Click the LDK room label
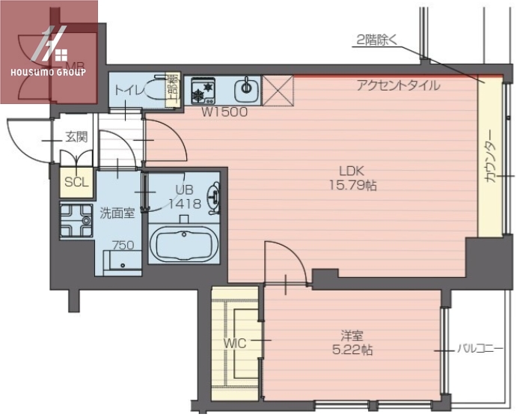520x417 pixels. tap(350, 170)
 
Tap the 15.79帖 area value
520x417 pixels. tap(350, 184)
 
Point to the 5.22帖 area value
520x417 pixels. tap(351, 350)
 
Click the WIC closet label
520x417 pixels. tap(236, 344)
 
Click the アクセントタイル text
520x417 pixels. tap(399, 85)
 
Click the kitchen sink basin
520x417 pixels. tap(245, 91)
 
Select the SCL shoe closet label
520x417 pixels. tap(76, 181)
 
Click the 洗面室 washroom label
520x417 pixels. tap(117, 212)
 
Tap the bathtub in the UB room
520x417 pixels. tap(184, 245)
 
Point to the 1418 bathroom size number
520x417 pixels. tap(183, 202)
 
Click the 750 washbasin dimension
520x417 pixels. tap(123, 245)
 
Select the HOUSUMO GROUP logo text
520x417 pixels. tap(49, 73)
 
